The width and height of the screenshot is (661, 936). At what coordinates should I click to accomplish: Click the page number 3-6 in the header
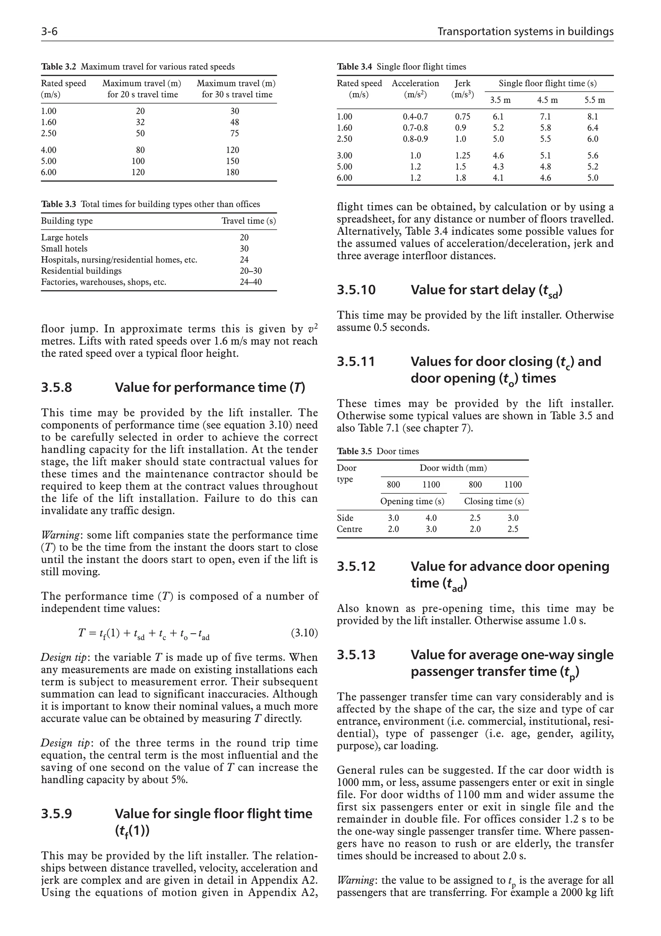pos(49,31)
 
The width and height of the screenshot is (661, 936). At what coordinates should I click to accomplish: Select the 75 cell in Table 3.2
pos(234,133)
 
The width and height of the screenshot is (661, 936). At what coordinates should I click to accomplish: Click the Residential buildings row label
pos(81,271)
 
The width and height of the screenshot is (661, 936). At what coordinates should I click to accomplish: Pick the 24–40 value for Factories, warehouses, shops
pos(250,282)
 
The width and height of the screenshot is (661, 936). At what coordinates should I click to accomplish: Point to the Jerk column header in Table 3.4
pos(462,83)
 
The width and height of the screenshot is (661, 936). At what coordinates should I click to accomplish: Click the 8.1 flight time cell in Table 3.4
pos(593,117)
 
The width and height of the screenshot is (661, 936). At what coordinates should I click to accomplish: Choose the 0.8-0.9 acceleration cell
pos(415,139)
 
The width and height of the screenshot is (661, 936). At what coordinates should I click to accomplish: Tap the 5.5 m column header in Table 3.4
pos(594,100)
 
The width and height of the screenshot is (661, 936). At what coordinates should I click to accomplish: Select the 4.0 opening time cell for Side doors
pos(431,518)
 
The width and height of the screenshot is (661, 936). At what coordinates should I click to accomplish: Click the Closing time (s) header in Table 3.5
pos(493,501)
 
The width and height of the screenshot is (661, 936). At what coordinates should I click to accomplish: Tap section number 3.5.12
pos(356,566)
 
